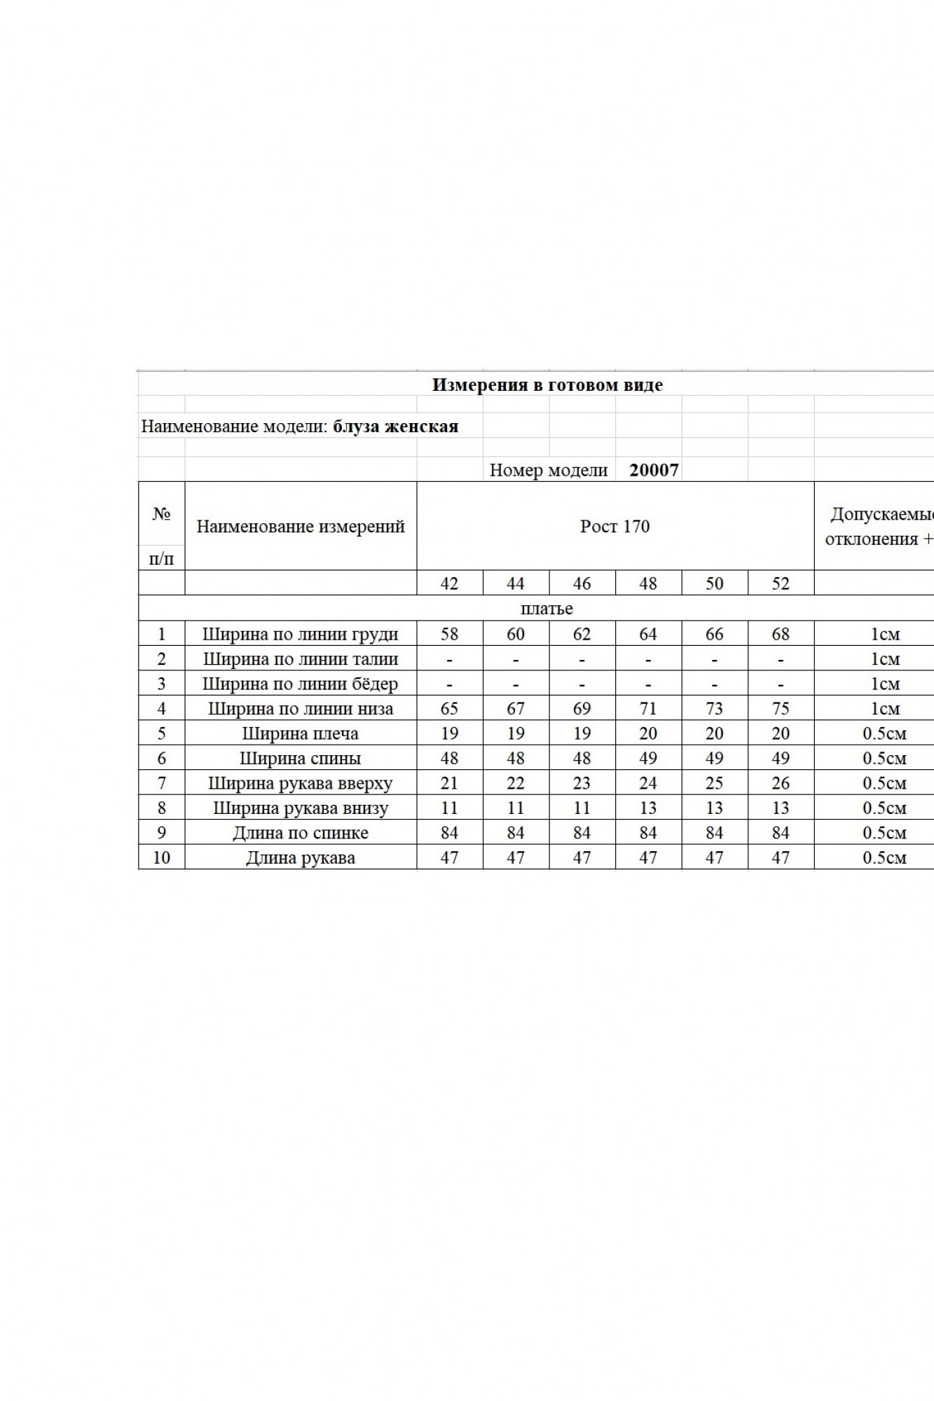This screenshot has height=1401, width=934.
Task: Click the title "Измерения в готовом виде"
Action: (547, 385)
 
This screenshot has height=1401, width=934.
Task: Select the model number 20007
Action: (654, 469)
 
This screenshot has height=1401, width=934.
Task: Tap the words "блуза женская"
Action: (395, 427)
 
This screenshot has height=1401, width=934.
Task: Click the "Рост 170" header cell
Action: (614, 526)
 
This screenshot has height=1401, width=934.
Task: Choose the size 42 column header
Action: (449, 583)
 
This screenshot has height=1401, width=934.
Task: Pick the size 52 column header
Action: (781, 583)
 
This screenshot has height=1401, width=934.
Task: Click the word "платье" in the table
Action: (547, 608)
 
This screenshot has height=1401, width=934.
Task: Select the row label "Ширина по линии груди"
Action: (300, 634)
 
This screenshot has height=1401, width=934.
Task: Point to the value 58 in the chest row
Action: (449, 634)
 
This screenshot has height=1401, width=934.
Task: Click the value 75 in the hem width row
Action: (781, 708)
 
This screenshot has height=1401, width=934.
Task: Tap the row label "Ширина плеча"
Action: (300, 733)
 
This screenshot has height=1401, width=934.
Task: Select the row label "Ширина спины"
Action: (300, 758)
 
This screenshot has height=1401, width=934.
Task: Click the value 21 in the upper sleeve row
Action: (449, 783)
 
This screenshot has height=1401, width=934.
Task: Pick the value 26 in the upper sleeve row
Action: (781, 783)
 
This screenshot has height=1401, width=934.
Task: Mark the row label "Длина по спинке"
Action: (300, 833)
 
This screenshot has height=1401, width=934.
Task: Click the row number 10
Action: (161, 857)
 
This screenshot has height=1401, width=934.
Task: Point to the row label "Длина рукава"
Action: (300, 857)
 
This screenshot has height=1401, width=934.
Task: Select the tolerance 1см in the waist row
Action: (884, 658)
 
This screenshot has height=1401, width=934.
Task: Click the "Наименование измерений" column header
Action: (300, 526)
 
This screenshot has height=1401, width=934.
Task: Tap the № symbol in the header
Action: (161, 513)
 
